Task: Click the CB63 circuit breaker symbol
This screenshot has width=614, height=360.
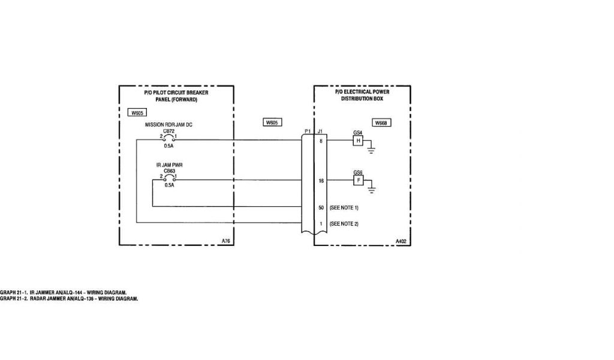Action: pos(168,177)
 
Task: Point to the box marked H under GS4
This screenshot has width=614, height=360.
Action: pos(358,140)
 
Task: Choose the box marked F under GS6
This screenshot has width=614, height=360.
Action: pos(358,180)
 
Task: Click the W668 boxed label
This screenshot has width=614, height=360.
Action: pos(380,122)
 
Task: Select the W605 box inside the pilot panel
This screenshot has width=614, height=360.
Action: pos(137,113)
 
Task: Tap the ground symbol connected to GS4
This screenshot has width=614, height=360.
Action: pos(371,149)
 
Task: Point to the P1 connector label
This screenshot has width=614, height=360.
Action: pos(308,131)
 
